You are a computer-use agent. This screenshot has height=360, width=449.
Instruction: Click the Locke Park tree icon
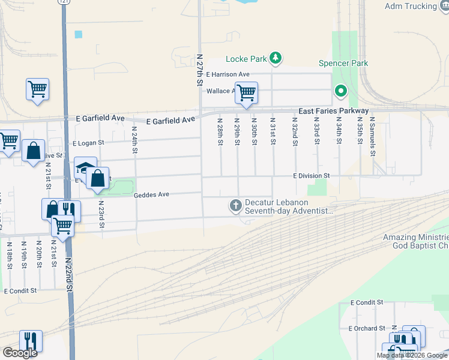[x=276, y=58]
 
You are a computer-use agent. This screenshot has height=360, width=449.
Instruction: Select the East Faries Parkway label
[x=334, y=112]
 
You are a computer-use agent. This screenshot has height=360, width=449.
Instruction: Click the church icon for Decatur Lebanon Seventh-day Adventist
[x=236, y=206]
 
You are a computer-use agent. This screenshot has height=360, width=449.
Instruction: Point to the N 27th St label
[x=200, y=70]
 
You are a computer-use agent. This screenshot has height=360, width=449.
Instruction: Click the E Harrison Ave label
[x=228, y=74]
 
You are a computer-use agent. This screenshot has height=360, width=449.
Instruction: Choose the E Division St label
[x=312, y=176]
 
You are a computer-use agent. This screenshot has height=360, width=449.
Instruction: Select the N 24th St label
[x=135, y=137]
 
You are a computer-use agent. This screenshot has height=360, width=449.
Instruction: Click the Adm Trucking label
[x=411, y=7]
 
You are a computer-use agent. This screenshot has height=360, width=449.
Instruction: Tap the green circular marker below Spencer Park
[x=340, y=92]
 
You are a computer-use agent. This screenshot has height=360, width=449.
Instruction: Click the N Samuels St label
[x=372, y=136]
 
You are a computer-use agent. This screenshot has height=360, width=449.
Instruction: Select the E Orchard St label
[x=367, y=328]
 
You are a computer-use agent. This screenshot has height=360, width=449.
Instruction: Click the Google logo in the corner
[x=20, y=353]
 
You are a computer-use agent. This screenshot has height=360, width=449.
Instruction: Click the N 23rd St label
[x=101, y=217]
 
